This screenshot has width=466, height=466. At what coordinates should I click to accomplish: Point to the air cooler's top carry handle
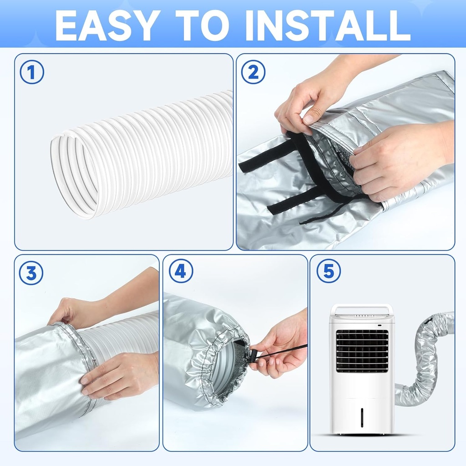point(362,309)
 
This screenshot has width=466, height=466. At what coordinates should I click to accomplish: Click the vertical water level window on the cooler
point(362,416)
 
